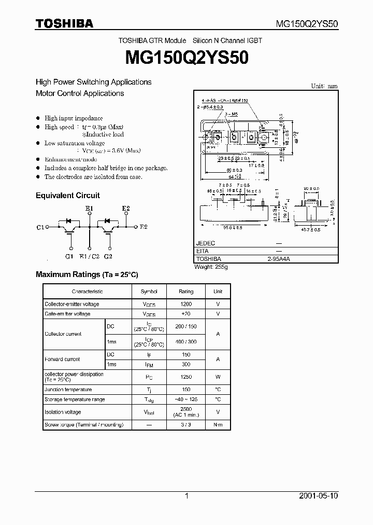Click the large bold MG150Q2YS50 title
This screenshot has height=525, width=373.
(186, 58)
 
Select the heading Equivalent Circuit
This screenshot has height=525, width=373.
(67, 196)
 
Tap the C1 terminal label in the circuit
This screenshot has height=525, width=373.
(41, 227)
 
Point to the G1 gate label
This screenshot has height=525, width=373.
(69, 256)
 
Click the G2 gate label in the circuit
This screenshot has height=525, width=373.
(108, 256)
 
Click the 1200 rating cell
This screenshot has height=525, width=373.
(186, 304)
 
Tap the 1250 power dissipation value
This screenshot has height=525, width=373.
(186, 377)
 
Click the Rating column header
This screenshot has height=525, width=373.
(186, 292)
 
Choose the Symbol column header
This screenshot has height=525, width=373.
(149, 292)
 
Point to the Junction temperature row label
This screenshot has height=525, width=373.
(68, 390)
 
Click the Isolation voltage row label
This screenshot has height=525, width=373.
(63, 412)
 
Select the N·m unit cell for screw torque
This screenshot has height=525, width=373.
(218, 425)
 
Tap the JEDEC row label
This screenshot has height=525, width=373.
(206, 243)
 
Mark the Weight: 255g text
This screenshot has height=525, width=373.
(211, 267)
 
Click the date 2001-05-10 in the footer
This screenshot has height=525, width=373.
(319, 496)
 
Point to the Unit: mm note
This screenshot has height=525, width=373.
(324, 86)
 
